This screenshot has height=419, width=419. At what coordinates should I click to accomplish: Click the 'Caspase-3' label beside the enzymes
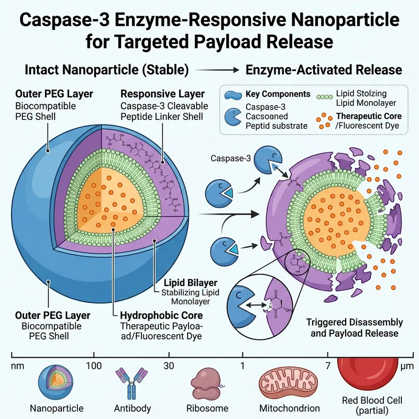[x=229, y=158]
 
